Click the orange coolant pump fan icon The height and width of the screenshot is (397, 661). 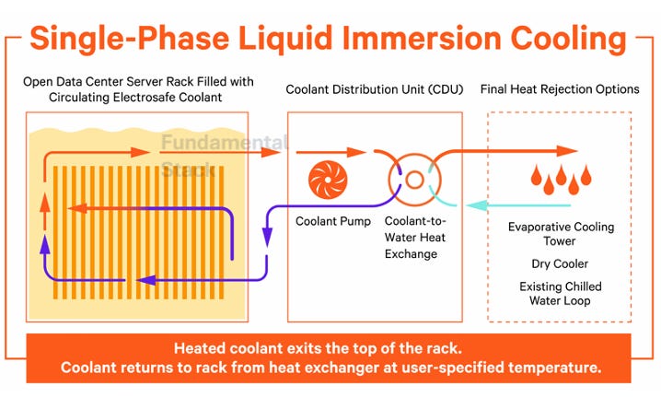click(328, 180)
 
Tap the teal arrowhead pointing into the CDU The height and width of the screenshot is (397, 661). click(477, 205)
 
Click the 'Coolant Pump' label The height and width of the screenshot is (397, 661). click(333, 221)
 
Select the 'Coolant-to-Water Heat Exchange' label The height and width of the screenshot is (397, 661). click(415, 237)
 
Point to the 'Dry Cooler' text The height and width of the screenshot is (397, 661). click(560, 263)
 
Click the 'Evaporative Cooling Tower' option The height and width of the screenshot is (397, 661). click(561, 234)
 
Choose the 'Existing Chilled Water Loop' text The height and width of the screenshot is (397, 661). click(561, 293)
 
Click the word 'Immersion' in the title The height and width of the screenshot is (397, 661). click(422, 38)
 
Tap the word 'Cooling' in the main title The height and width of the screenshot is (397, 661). click(568, 39)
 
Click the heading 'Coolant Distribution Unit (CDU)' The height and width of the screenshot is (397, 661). click(375, 89)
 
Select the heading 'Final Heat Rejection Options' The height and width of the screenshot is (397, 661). click(560, 89)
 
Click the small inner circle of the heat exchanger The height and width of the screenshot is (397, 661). click(414, 180)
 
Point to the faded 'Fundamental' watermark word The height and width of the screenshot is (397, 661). click(225, 143)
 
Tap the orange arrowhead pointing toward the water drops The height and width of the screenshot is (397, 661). click(567, 151)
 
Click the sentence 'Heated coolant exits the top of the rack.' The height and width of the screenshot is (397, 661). click(318, 348)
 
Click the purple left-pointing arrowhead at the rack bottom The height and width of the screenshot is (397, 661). click(147, 280)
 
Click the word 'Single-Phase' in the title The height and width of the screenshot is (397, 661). click(130, 38)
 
